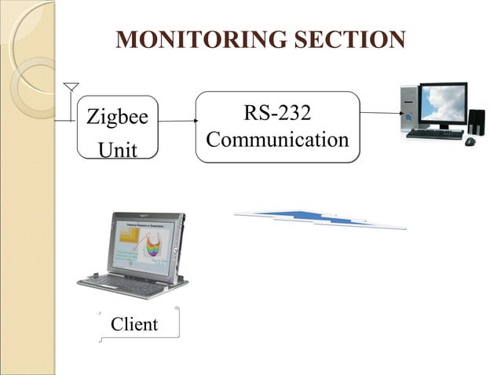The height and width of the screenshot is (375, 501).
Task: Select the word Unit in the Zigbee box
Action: point(117,147)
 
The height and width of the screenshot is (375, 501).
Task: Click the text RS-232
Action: point(277,113)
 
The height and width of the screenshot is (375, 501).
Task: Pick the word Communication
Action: point(277,140)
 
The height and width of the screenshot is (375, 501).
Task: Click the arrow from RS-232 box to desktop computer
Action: point(380,113)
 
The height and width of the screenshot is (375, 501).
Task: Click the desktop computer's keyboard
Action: point(433,134)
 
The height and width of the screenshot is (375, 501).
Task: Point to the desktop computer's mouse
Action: point(470,141)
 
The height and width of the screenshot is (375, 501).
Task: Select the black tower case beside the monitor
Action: point(476,121)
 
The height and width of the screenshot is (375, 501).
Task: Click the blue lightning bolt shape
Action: point(320,217)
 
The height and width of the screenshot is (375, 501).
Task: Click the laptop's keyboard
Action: point(126,280)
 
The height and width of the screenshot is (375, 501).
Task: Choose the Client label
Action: point(134,324)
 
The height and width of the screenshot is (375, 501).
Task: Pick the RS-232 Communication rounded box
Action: point(277,126)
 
